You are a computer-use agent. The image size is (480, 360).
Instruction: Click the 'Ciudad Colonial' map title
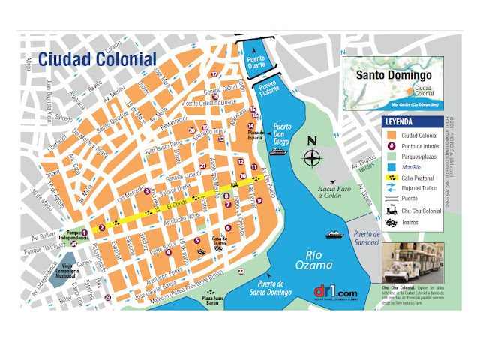[97, 58]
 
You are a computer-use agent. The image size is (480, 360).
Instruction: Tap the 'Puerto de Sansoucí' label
[367, 238]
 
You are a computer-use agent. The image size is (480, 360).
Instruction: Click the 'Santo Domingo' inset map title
[392, 76]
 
